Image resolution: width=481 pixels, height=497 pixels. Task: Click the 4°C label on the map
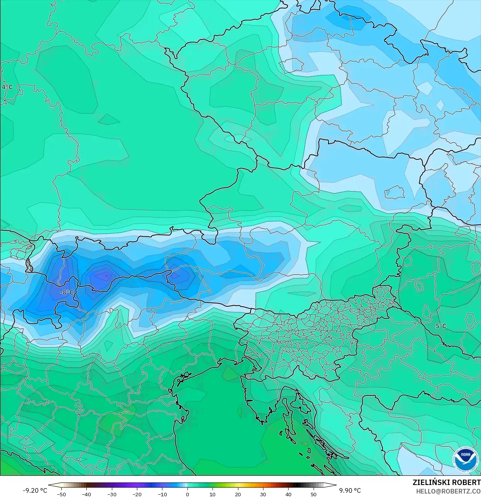click(x=7, y=87)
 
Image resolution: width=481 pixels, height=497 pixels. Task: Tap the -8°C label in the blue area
click(x=67, y=292)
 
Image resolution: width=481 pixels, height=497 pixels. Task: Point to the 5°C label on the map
click(x=440, y=326)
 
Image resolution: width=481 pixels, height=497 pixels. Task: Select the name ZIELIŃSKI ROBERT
click(x=446, y=482)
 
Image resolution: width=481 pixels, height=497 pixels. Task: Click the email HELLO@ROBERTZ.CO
click(x=448, y=491)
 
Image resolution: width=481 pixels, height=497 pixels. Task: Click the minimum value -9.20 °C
click(x=35, y=490)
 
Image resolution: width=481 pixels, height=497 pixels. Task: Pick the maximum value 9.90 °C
click(x=350, y=490)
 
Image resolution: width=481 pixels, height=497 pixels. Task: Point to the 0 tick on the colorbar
click(x=187, y=494)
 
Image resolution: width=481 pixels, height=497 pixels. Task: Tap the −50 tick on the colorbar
click(x=61, y=494)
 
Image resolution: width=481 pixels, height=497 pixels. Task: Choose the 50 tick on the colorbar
click(x=314, y=494)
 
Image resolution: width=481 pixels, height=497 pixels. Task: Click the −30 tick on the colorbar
click(x=111, y=494)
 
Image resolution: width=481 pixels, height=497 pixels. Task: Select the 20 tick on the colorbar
click(x=238, y=494)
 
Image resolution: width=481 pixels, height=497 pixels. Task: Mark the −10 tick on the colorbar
click(x=162, y=494)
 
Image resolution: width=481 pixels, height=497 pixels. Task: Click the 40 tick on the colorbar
click(x=289, y=494)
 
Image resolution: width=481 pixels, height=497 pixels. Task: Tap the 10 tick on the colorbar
click(x=213, y=494)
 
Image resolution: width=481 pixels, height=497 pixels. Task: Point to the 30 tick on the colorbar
click(x=263, y=494)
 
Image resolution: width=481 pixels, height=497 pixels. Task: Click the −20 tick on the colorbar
click(x=137, y=494)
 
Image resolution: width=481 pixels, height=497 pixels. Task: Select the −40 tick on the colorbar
click(x=86, y=494)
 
